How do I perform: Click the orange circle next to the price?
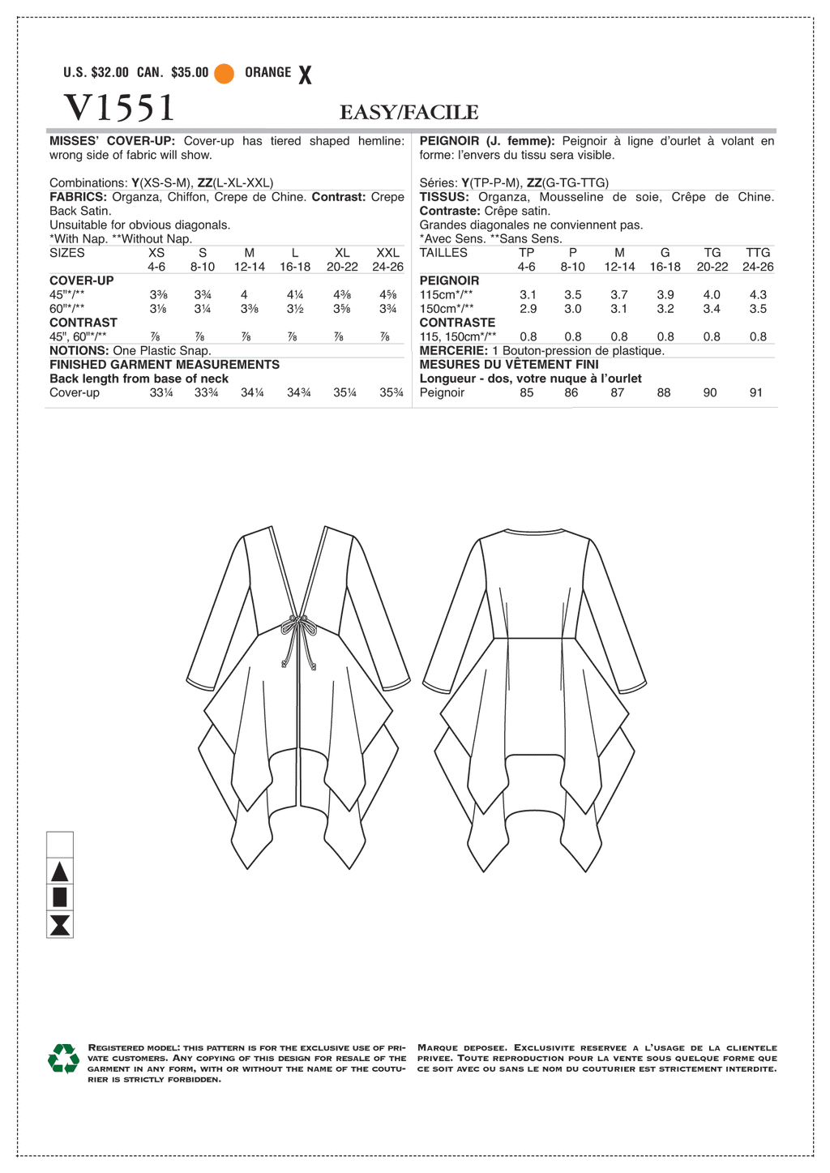tap(225, 73)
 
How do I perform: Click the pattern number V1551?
tap(118, 107)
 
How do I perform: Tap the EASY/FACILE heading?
tap(409, 112)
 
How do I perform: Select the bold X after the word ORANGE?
tap(305, 75)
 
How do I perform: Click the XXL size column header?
tap(388, 253)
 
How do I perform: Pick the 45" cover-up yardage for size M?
tap(244, 295)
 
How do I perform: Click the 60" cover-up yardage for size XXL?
tap(388, 309)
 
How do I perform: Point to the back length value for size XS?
tap(160, 392)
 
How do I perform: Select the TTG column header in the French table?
tap(758, 253)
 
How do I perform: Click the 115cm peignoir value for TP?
tap(528, 295)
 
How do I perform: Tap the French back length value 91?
tap(755, 392)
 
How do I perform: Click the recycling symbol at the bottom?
tap(63, 1059)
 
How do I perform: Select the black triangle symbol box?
tap(60, 872)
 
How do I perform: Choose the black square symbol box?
tap(60, 897)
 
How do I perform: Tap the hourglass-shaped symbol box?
tap(60, 925)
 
